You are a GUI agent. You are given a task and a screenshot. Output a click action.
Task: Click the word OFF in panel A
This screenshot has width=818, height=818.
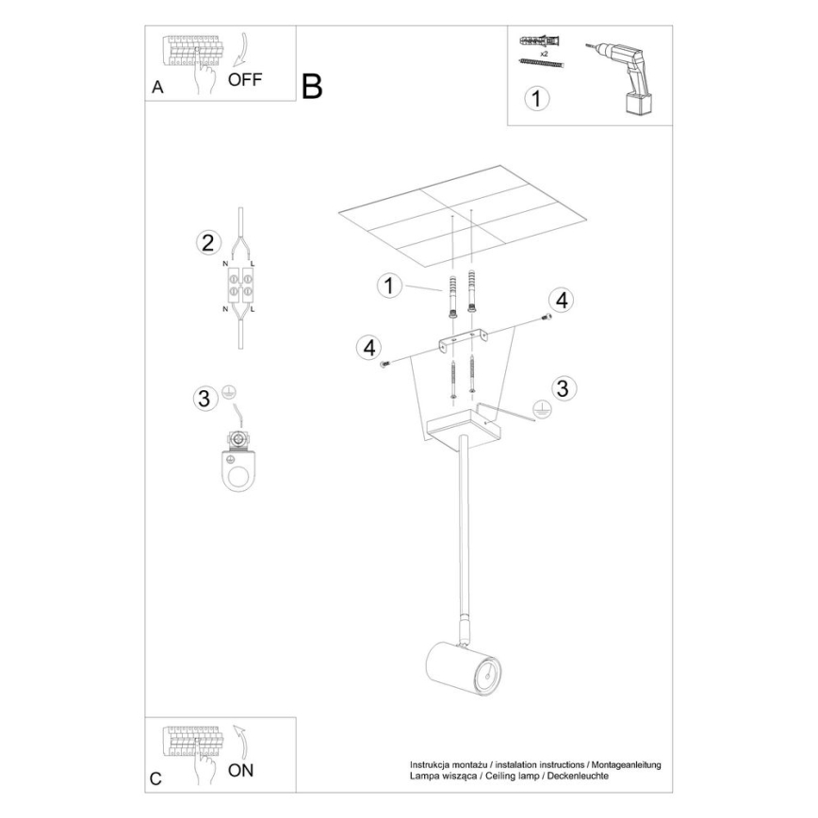245,80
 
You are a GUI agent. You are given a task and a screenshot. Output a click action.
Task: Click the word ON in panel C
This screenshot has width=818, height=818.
241,770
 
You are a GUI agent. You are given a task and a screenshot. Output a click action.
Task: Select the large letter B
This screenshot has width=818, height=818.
312,87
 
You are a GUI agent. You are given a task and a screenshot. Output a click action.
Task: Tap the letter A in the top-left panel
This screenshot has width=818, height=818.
158,89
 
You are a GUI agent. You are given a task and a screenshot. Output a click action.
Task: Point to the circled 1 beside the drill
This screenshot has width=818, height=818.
535,98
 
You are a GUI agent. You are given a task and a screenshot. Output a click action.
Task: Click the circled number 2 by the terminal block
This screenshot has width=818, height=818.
206,242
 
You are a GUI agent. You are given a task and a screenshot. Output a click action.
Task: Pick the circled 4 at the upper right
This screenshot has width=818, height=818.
561,301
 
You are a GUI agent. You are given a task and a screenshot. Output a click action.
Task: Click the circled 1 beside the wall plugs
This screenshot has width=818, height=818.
388,286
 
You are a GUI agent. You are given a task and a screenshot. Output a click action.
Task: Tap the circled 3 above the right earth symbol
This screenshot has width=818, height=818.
562,387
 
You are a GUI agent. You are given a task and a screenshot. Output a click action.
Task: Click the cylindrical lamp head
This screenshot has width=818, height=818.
463,670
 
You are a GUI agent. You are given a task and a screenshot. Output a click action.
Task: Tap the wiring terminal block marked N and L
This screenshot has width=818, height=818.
240,287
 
